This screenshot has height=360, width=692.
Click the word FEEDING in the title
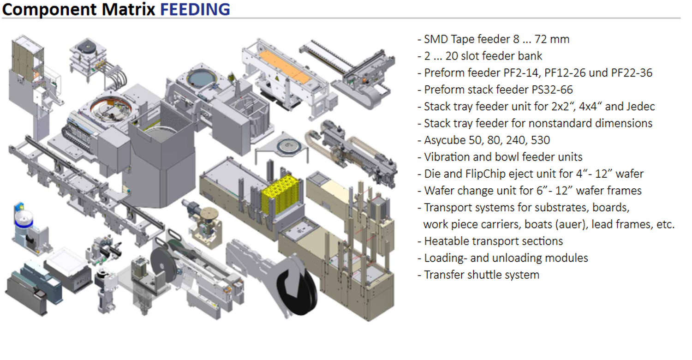click(x=195, y=9)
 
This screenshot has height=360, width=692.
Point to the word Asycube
click(x=443, y=140)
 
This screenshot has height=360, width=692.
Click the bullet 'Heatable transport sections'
click(x=493, y=241)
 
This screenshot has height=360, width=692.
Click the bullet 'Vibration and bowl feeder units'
click(x=503, y=157)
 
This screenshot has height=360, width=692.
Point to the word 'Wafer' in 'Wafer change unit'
click(x=438, y=191)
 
